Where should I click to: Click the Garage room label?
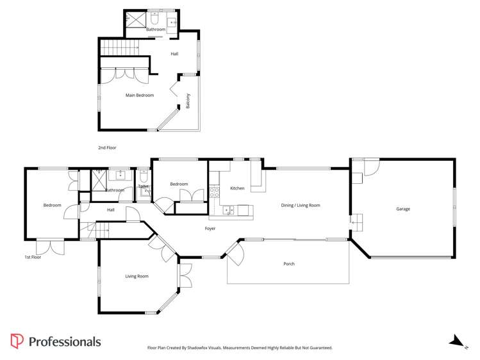click(402, 209)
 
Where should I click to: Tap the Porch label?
click(289, 264)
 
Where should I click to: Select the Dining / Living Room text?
click(300, 206)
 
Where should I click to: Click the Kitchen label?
click(237, 188)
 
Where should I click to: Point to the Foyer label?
click(210, 229)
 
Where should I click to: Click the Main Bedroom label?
click(139, 95)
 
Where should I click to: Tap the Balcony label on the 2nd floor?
click(188, 101)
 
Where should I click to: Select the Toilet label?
click(143, 186)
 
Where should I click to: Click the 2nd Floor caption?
click(107, 148)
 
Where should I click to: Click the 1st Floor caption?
click(33, 257)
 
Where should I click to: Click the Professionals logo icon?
click(17, 341)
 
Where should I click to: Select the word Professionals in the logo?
click(65, 341)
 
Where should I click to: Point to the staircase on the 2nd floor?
click(120, 47)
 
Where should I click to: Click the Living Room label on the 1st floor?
click(137, 277)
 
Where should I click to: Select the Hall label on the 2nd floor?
click(174, 54)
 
